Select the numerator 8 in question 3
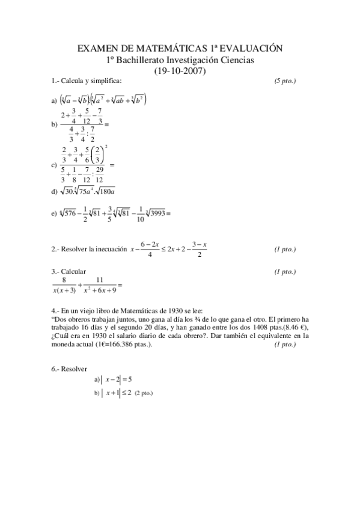tap(64, 280)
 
